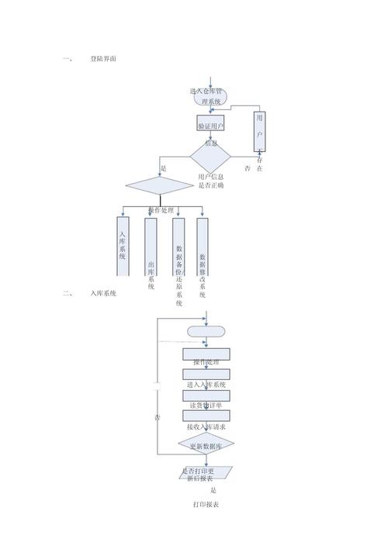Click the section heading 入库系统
[102, 293]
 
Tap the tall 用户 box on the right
[260, 130]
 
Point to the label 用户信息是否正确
[210, 181]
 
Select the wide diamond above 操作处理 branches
[159, 185]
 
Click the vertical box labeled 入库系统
[123, 247]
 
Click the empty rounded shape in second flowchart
[206, 331]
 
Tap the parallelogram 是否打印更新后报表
[206, 473]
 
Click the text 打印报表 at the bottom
[206, 505]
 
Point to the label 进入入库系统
[206, 385]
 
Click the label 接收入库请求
[206, 426]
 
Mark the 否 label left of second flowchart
[158, 418]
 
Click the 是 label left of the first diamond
[163, 168]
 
